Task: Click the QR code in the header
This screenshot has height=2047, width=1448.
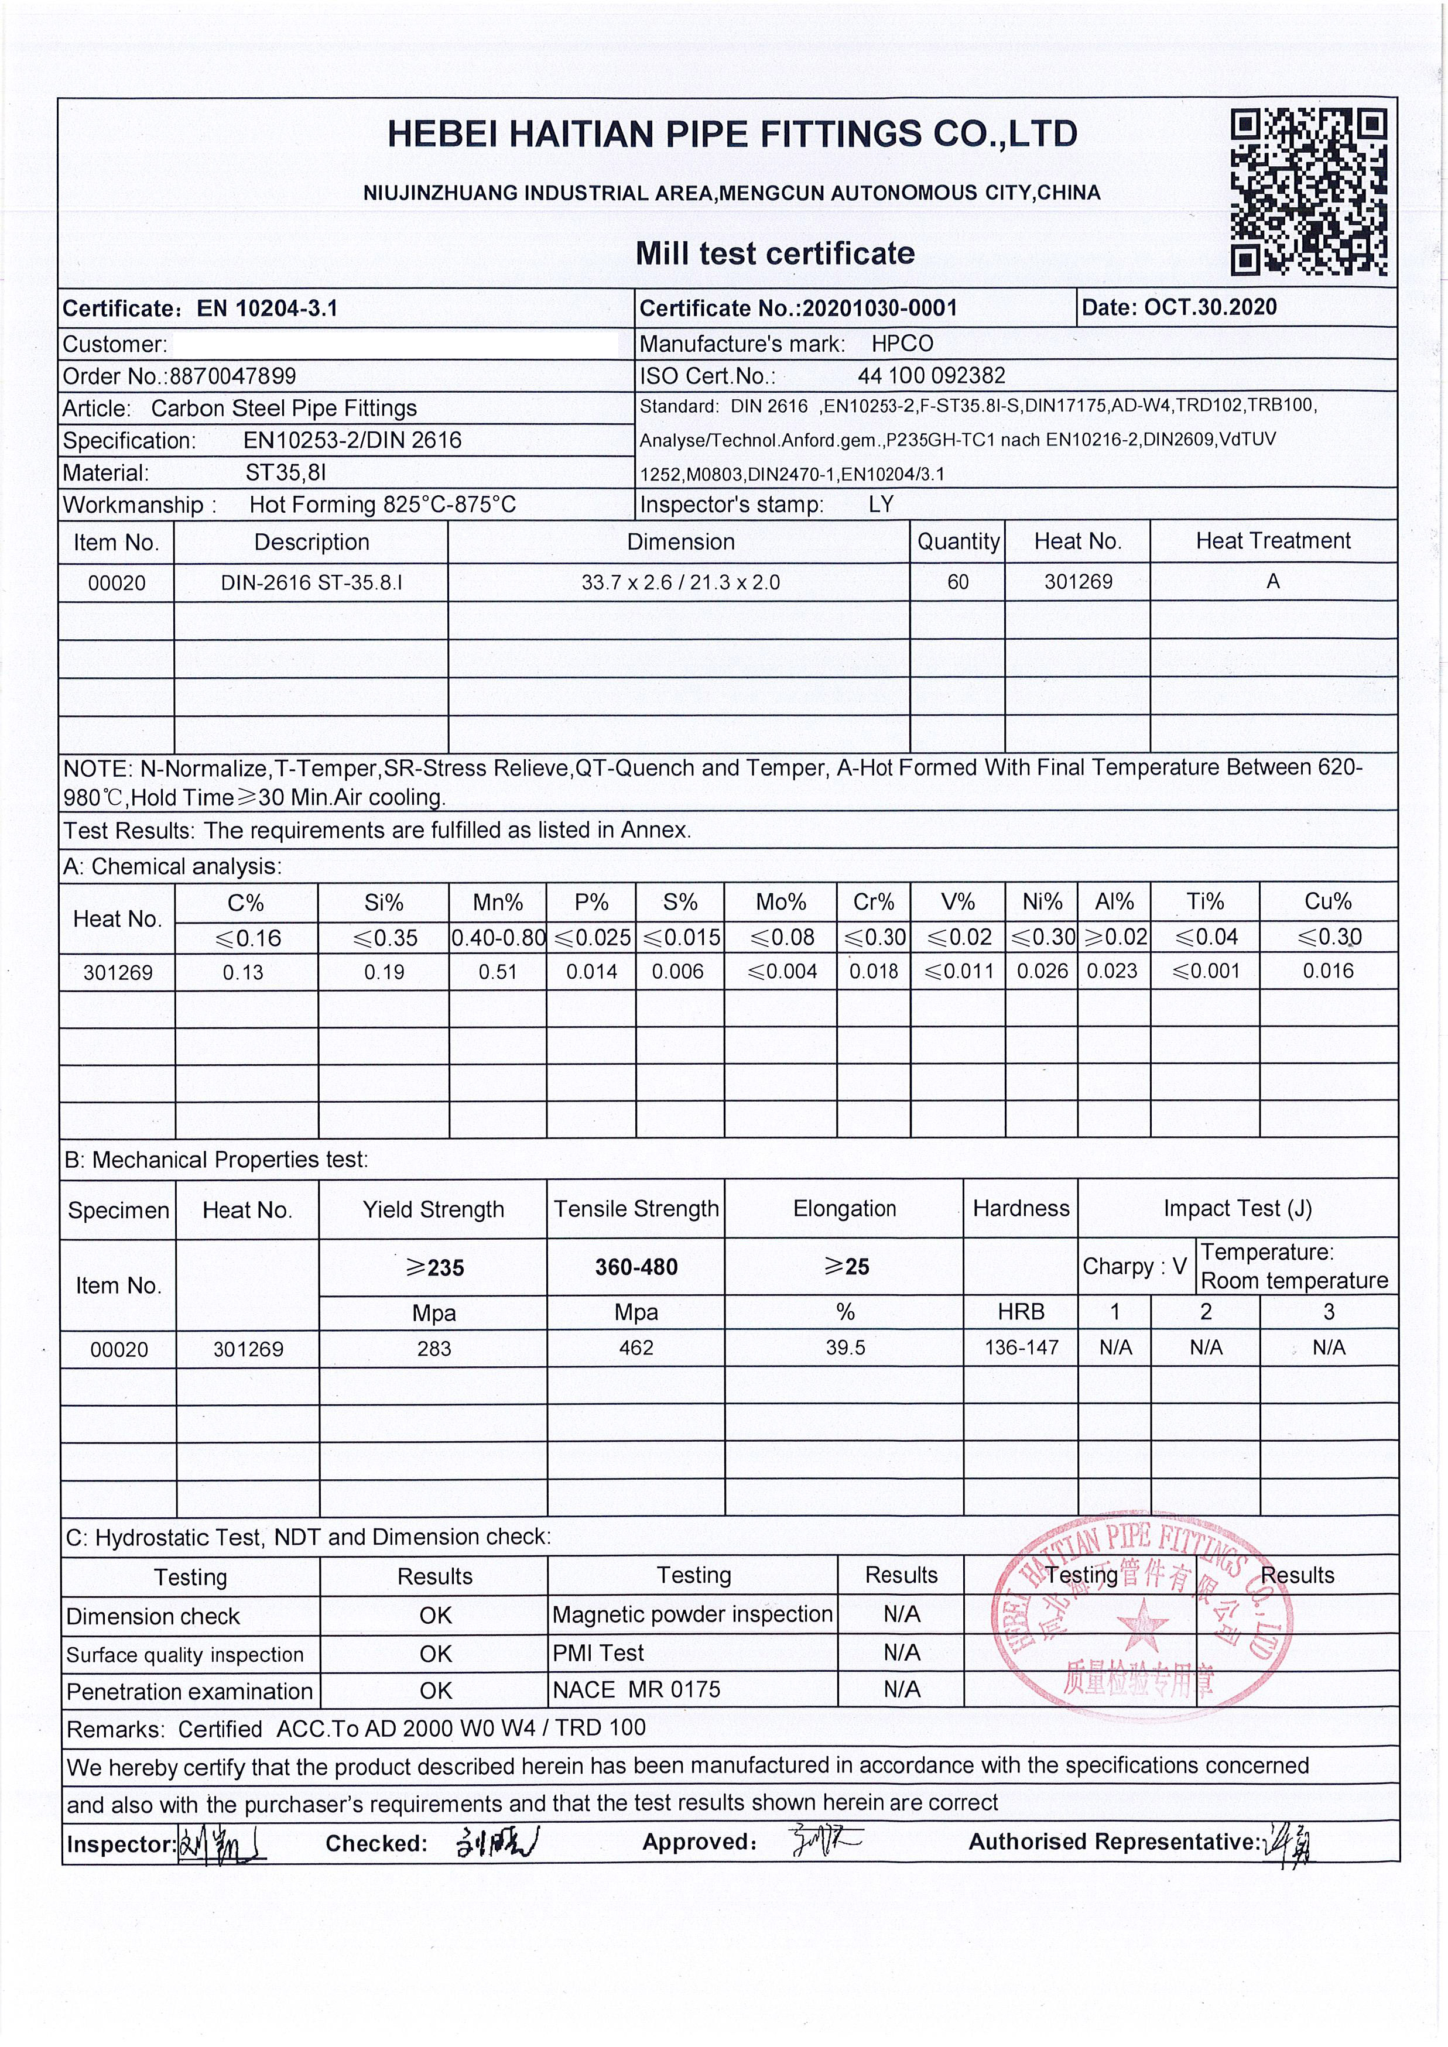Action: [x=1308, y=191]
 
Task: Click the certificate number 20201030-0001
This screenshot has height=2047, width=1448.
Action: [x=879, y=308]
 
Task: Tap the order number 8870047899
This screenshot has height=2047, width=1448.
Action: [x=232, y=376]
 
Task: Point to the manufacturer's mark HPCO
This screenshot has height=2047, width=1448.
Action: [x=902, y=344]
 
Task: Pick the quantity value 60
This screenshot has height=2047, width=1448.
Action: [x=957, y=582]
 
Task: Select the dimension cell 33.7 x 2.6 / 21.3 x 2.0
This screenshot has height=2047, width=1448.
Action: [x=680, y=583]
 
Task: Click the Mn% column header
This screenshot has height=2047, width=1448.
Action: [x=498, y=902]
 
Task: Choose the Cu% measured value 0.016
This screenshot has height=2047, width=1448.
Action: [x=1327, y=971]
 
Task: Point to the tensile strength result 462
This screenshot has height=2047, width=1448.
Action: [x=636, y=1348]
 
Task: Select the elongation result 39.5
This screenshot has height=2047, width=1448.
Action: [x=844, y=1348]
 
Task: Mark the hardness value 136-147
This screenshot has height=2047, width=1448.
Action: [x=1021, y=1348]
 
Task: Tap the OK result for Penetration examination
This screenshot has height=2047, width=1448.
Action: [x=435, y=1691]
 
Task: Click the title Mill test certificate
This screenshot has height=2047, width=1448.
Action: [x=775, y=253]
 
